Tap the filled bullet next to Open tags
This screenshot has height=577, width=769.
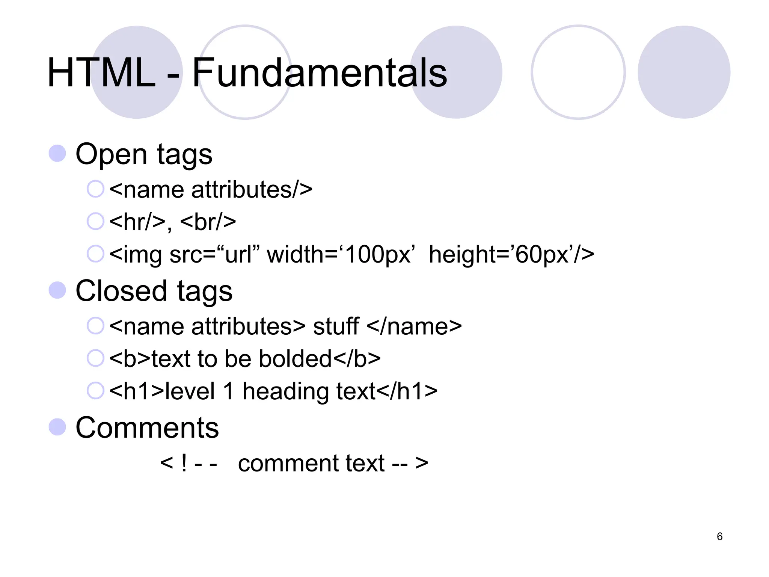pos(57,153)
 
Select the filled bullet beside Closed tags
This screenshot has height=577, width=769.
pos(57,290)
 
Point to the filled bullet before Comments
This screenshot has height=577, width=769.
pos(57,427)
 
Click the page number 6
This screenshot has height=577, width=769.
pos(719,536)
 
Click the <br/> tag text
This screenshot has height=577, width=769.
pos(208,222)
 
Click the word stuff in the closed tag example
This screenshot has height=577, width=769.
pos(336,326)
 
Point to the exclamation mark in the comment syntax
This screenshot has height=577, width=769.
pos(184,463)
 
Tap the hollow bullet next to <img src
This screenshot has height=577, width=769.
pos(95,254)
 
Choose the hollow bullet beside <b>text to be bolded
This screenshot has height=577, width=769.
pos(95,358)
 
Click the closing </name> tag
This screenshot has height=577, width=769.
pos(414,326)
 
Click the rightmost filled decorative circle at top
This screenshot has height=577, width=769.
pos(684,72)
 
